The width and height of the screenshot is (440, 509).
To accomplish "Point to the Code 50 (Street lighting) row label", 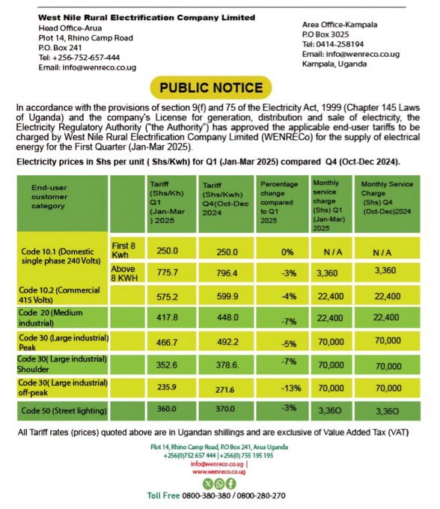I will (x=64, y=411).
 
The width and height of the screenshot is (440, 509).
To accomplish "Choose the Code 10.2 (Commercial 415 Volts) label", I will (x=61, y=296).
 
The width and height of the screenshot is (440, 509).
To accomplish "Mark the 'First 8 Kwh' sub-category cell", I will (x=123, y=250).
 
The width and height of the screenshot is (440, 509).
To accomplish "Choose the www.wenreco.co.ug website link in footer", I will (x=219, y=472).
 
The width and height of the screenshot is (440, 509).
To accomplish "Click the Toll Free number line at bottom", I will (x=216, y=496).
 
